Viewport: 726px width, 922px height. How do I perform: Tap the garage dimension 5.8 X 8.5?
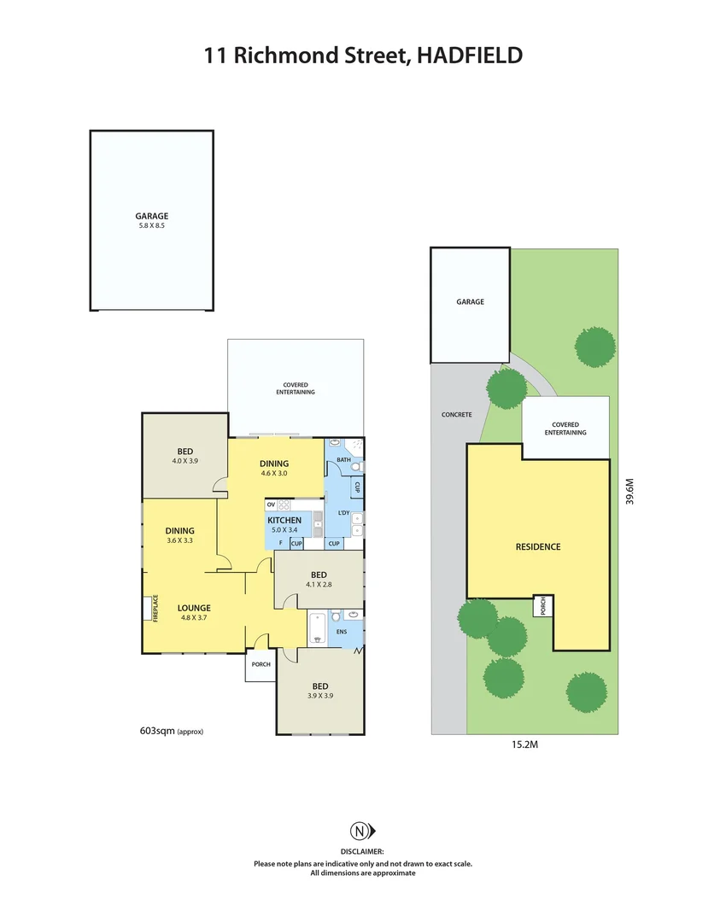(x=151, y=226)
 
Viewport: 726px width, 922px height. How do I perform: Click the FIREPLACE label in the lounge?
(x=155, y=609)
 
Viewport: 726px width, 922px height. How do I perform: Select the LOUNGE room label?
(x=194, y=608)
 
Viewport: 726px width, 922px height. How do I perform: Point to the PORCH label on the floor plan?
(x=261, y=665)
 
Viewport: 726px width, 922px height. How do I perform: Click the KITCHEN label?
(x=284, y=520)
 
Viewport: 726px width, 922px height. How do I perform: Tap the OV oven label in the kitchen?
(x=271, y=505)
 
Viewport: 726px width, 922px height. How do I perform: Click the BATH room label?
(x=343, y=460)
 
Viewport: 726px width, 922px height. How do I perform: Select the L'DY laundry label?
(x=345, y=513)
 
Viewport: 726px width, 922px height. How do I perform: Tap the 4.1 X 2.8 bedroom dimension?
(x=317, y=585)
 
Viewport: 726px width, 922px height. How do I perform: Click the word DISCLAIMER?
(x=362, y=851)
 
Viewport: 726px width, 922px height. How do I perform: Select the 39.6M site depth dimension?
(x=629, y=492)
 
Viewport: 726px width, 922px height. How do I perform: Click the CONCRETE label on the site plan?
(x=456, y=415)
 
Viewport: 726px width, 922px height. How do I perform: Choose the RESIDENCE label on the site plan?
(x=537, y=546)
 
